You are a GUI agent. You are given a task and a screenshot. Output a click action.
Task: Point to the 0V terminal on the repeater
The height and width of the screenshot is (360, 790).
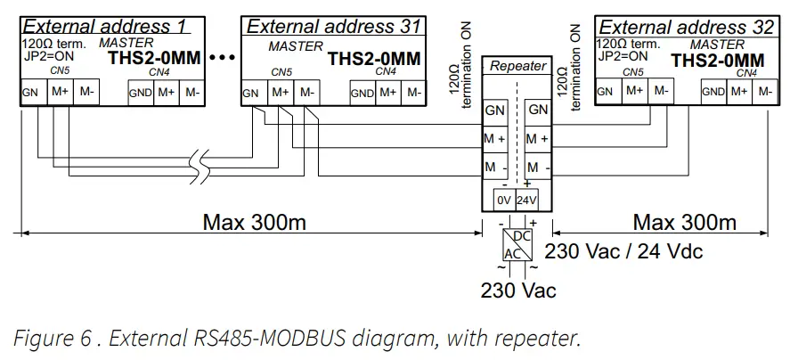pos(503,200)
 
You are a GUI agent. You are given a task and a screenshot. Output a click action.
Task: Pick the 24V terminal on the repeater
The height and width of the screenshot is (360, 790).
pos(526,200)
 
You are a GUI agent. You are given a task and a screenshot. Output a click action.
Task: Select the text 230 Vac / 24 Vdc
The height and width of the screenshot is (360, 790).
pos(623,251)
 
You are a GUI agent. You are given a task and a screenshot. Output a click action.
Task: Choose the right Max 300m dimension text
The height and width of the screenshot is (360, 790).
pos(684,222)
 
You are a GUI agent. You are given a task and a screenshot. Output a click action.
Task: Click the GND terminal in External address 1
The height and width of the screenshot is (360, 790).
pos(141,93)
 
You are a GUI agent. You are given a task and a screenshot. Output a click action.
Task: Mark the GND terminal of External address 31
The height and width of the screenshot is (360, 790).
pos(362,93)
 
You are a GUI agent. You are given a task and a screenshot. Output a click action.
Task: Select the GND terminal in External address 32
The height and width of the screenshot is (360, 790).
pos(713,91)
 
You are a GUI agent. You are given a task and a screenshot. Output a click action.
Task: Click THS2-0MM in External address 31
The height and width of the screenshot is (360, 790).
pos(373,59)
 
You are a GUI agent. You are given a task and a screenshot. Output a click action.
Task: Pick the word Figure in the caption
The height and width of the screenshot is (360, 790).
pos(39,339)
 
